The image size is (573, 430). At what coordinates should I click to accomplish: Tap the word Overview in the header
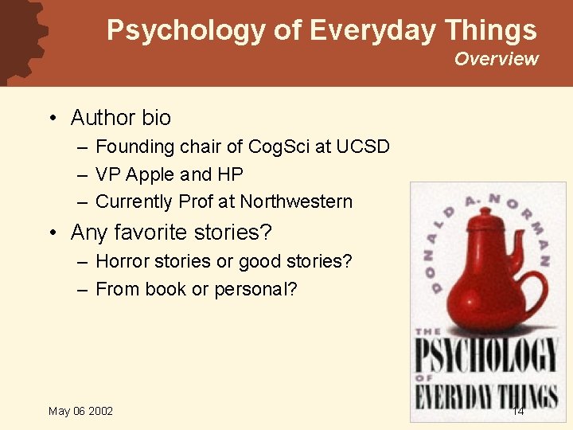[x=496, y=59]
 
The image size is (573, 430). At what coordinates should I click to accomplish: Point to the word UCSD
[x=363, y=147]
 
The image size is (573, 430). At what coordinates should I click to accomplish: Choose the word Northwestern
[x=296, y=201]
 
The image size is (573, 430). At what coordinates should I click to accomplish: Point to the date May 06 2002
[x=80, y=411]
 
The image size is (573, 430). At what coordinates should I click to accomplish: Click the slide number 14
[x=517, y=411]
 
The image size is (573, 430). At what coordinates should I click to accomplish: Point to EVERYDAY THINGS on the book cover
[x=487, y=396]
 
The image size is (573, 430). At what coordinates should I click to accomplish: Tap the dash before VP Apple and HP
[x=82, y=174]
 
